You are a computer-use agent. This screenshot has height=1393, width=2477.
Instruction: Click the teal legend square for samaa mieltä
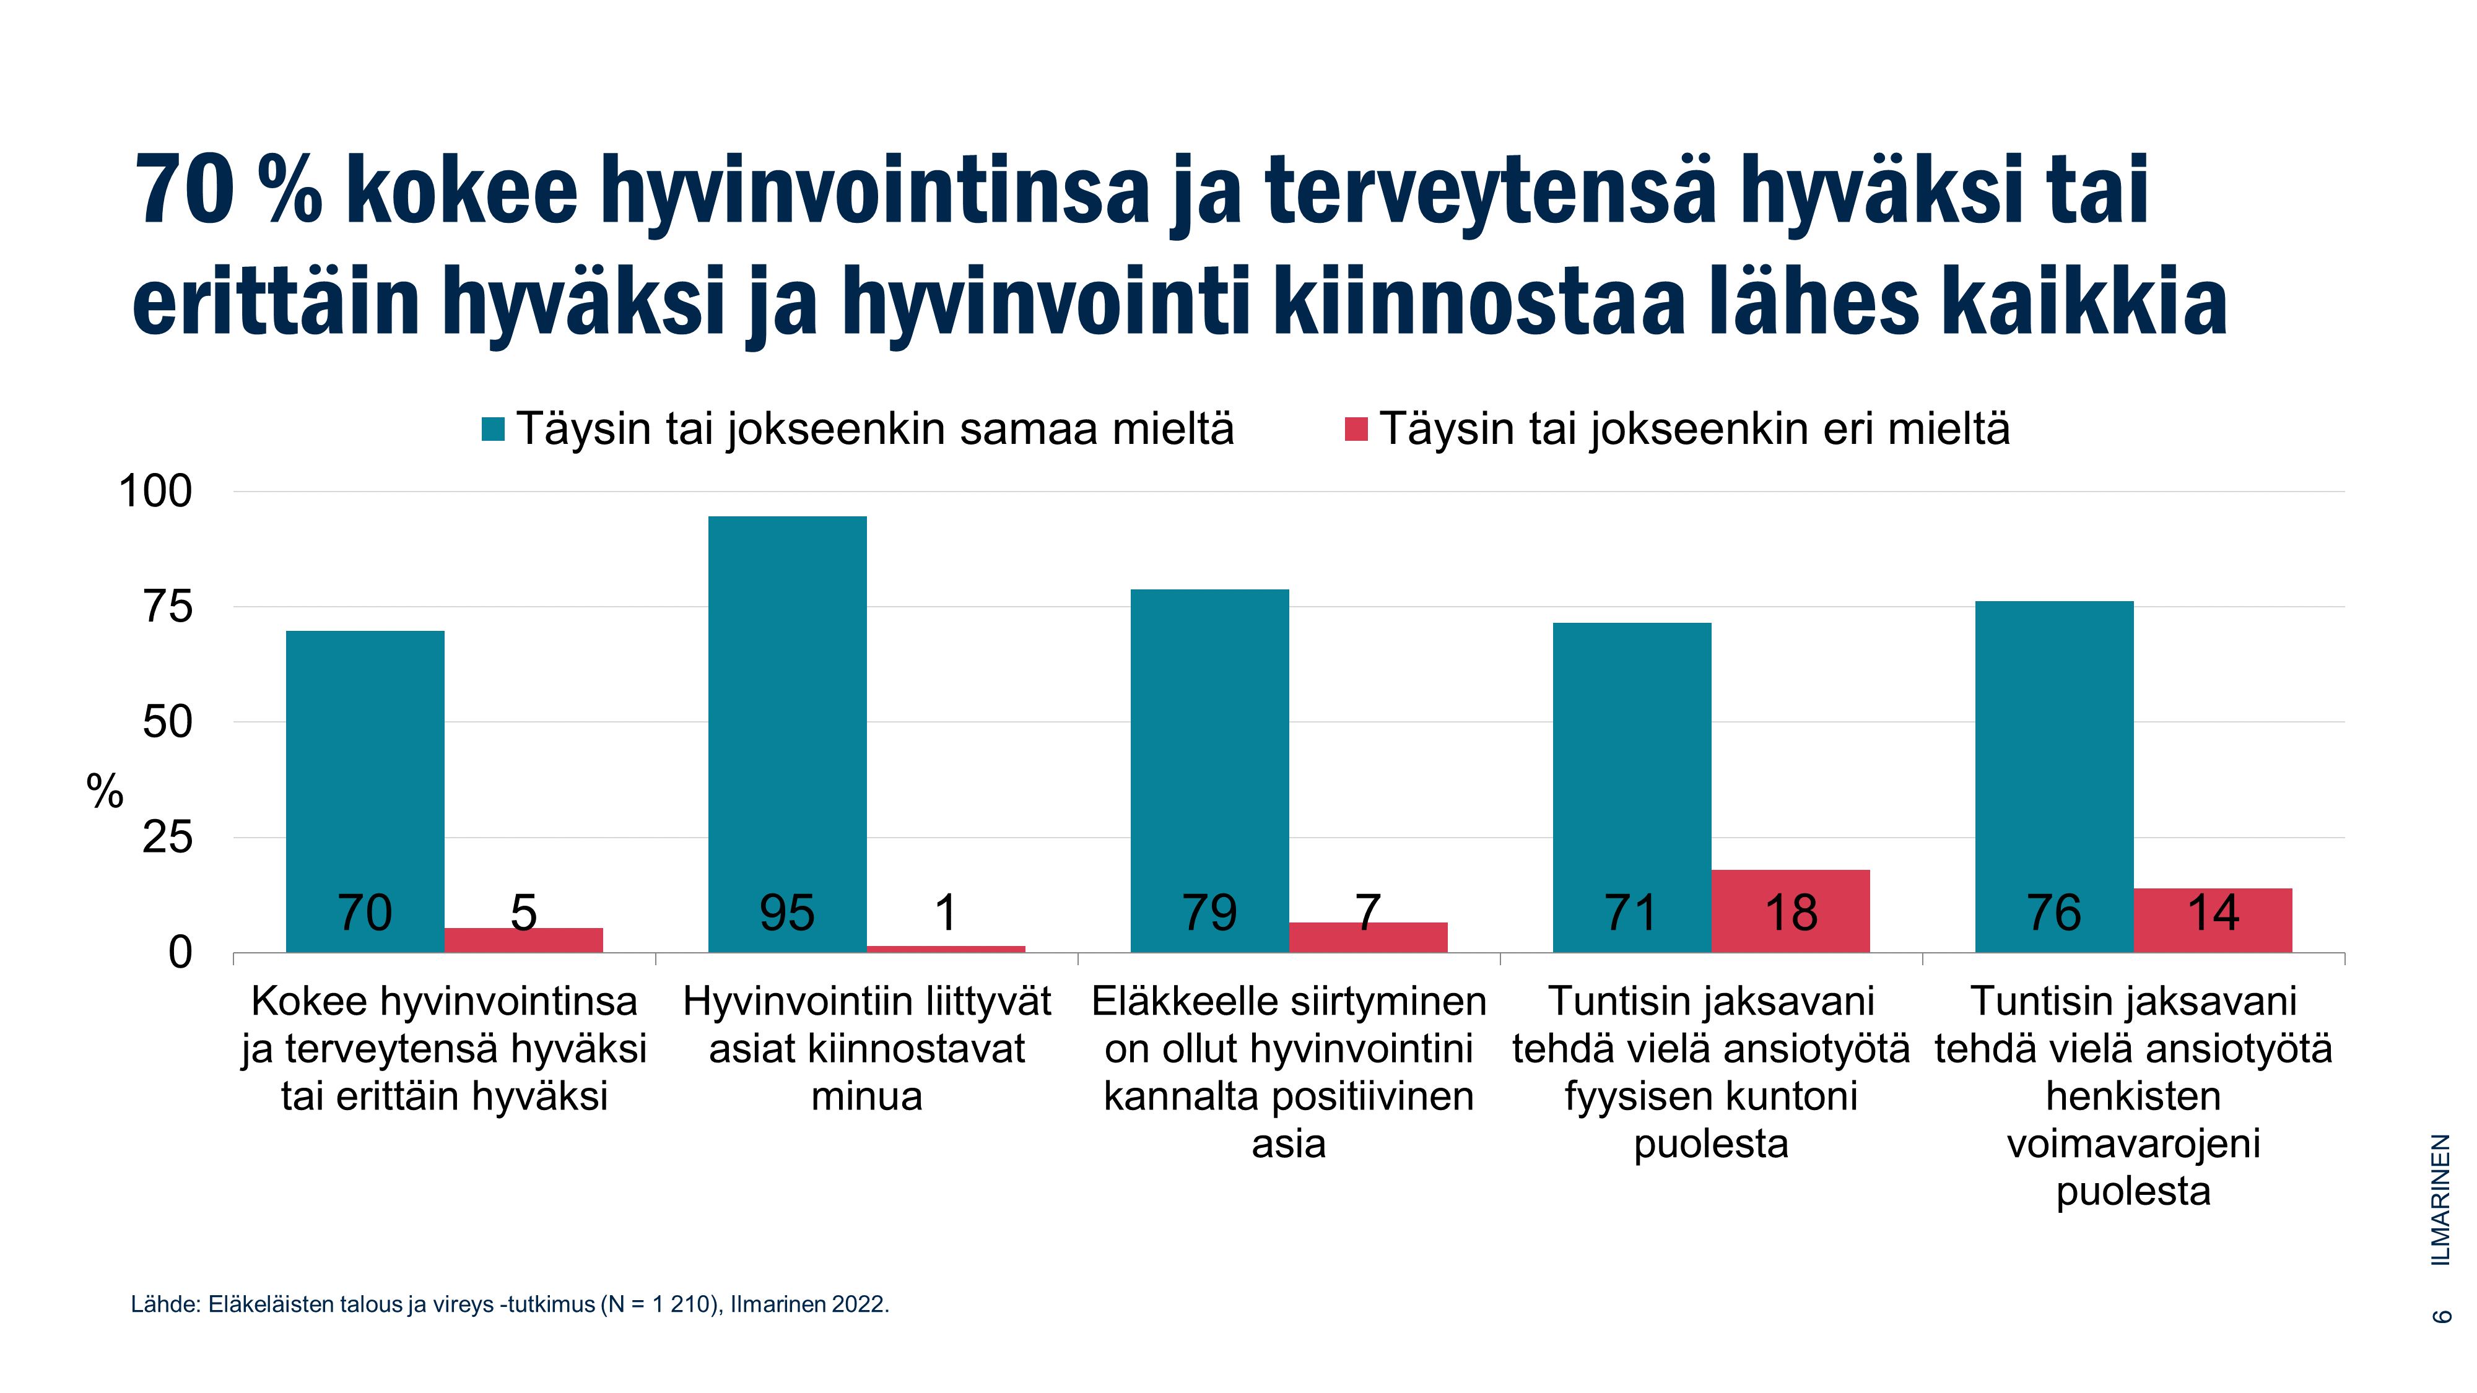494,429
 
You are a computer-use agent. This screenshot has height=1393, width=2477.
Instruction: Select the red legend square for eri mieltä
1356,429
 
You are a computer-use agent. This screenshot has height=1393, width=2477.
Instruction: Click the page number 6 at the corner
2442,1315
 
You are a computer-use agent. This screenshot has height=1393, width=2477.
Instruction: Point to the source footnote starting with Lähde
510,1304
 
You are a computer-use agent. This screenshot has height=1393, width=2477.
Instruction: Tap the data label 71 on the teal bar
1631,913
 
